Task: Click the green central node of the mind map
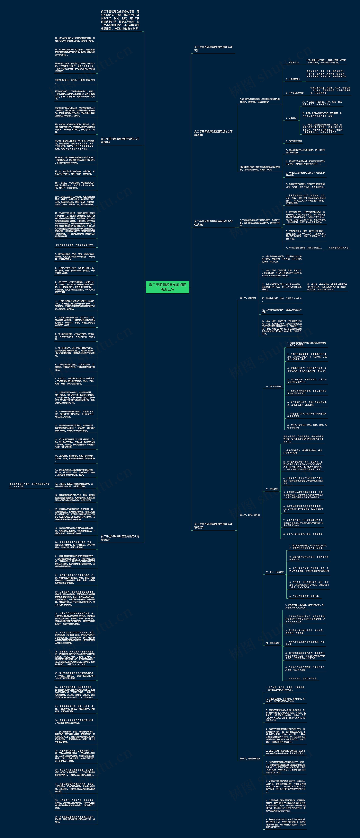click(167, 287)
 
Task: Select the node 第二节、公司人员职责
click(250, 515)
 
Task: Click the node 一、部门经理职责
click(273, 386)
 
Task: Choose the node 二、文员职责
click(271, 489)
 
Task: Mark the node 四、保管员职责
click(272, 643)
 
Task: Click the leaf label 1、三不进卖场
click(292, 62)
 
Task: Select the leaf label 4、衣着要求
click(291, 118)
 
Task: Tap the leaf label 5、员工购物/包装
click(294, 141)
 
